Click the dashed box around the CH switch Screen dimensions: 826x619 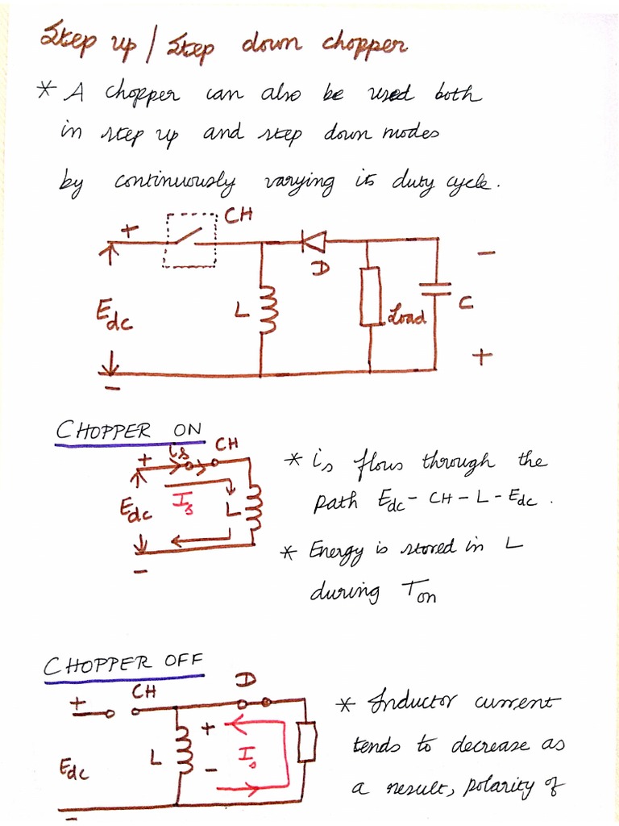pyautogui.click(x=190, y=240)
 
